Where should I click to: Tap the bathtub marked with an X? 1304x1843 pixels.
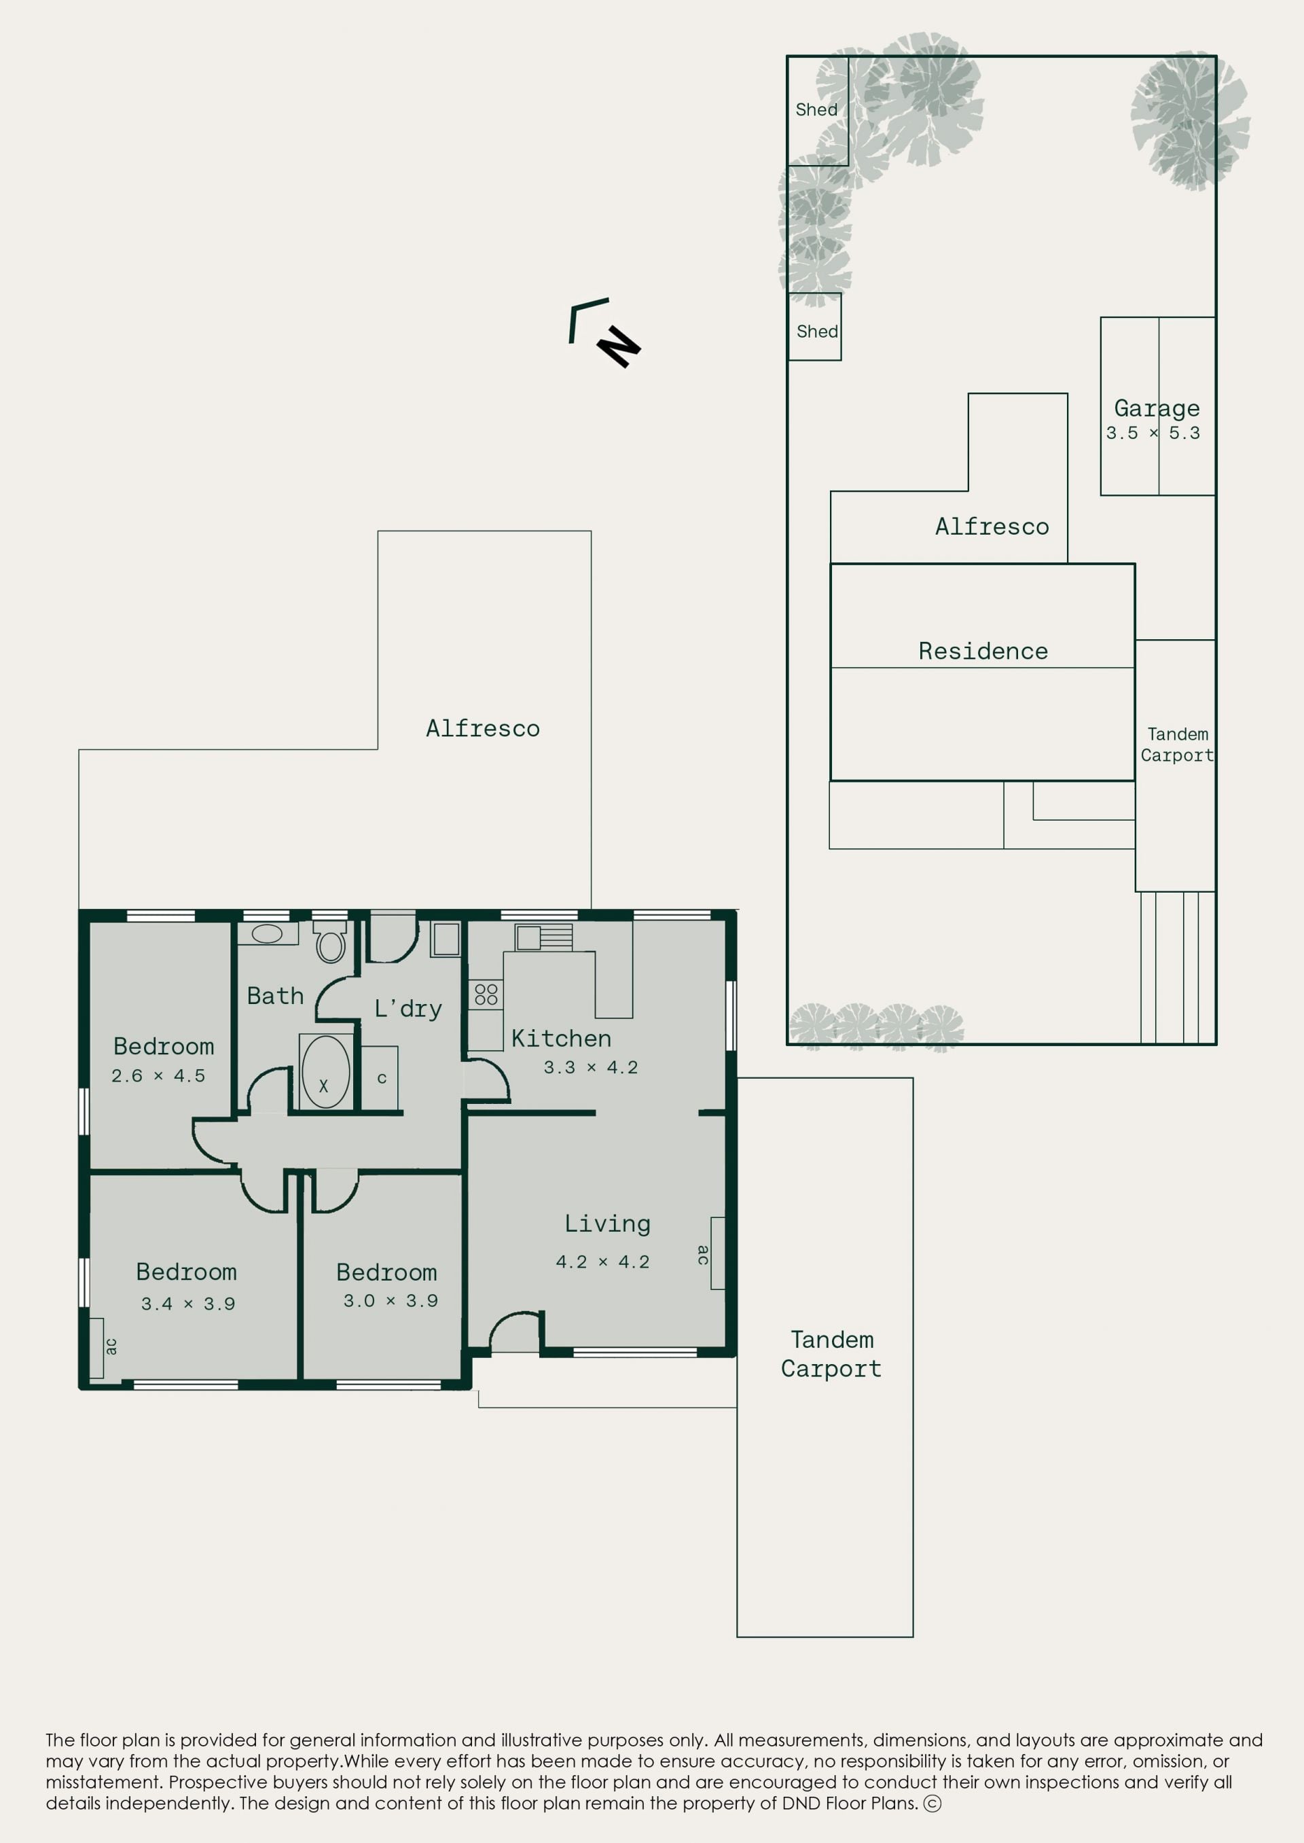pyautogui.click(x=325, y=1072)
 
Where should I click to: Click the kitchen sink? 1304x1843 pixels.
pyautogui.click(x=543, y=937)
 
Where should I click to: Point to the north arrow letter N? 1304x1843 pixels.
pyautogui.click(x=618, y=347)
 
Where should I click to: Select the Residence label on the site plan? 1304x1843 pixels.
pyautogui.click(x=983, y=651)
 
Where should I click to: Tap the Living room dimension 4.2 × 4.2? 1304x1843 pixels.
pyautogui.click(x=602, y=1262)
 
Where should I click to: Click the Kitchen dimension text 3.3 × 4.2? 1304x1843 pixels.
pyautogui.click(x=590, y=1067)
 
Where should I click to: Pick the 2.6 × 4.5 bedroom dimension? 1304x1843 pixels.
pyautogui.click(x=158, y=1075)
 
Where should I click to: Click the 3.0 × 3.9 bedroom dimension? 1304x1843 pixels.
pyautogui.click(x=391, y=1300)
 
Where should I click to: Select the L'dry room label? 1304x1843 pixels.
pyautogui.click(x=408, y=1009)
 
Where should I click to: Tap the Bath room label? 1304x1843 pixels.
pyautogui.click(x=276, y=996)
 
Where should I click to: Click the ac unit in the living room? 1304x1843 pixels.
pyautogui.click(x=718, y=1253)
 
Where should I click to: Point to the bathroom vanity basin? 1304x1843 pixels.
pyautogui.click(x=268, y=933)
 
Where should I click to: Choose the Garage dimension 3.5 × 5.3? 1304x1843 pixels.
pyautogui.click(x=1153, y=433)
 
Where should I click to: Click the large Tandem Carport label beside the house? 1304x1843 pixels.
pyautogui.click(x=831, y=1355)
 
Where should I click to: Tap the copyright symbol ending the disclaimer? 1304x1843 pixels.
pyautogui.click(x=932, y=1804)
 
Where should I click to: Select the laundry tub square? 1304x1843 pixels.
pyautogui.click(x=446, y=940)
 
